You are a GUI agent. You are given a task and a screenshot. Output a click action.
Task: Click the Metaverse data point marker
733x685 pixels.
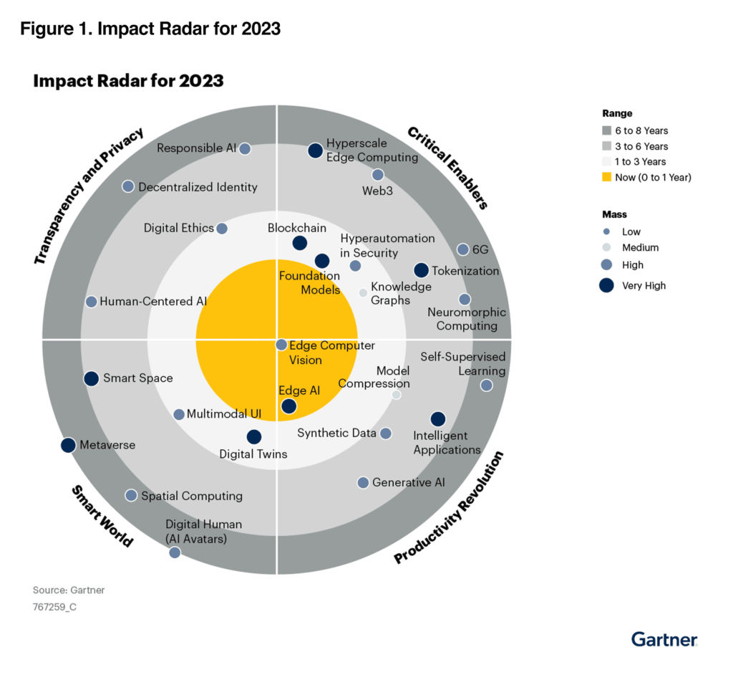click(68, 445)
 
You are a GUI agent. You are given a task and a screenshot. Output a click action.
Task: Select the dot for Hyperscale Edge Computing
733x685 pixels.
click(315, 150)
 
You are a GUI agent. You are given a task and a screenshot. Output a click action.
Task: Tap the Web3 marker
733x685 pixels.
click(378, 175)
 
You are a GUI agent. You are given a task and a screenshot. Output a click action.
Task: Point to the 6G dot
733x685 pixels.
click(462, 249)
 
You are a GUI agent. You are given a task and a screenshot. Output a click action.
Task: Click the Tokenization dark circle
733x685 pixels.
click(421, 270)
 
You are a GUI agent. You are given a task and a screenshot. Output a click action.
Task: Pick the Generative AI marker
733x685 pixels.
click(363, 482)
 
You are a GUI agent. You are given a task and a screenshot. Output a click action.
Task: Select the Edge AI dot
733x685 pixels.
click(288, 406)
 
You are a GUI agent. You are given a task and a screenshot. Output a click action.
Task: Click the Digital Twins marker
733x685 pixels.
click(253, 436)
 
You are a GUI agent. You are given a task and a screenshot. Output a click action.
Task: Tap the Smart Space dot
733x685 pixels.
click(91, 378)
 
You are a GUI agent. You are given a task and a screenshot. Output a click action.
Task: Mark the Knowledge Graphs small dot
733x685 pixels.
click(363, 292)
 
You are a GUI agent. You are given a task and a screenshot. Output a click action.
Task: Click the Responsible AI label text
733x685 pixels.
click(196, 148)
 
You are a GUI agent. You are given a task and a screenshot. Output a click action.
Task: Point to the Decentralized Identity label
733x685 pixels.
click(198, 187)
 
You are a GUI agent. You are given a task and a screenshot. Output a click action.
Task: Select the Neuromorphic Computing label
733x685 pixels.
click(467, 319)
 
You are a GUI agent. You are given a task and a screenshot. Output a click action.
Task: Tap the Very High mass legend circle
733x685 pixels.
click(608, 285)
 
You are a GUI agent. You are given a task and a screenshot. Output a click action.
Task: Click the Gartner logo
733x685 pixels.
click(664, 638)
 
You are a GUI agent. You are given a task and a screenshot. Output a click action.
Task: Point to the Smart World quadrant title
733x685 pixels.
click(102, 516)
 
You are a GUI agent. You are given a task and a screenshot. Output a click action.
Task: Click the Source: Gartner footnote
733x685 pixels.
click(69, 590)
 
